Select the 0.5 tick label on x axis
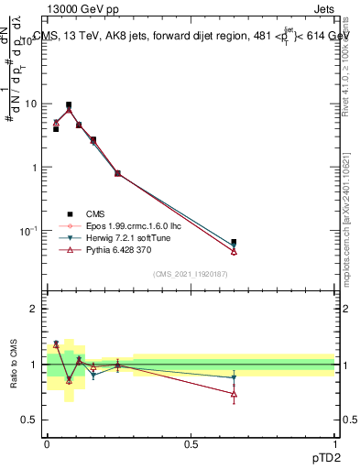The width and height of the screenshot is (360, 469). pyautogui.click(x=191, y=442)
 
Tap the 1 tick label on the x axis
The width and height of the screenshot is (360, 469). pyautogui.click(x=335, y=442)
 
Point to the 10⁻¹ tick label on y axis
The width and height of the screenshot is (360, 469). pyautogui.click(x=30, y=231)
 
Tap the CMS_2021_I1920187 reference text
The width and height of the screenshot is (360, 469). pyautogui.click(x=190, y=272)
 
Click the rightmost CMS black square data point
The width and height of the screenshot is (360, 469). pyautogui.click(x=234, y=243)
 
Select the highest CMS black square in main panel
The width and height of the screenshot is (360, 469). pyautogui.click(x=69, y=105)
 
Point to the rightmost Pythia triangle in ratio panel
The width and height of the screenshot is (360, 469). pyautogui.click(x=234, y=395)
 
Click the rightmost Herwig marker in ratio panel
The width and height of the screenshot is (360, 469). pyautogui.click(x=234, y=377)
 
